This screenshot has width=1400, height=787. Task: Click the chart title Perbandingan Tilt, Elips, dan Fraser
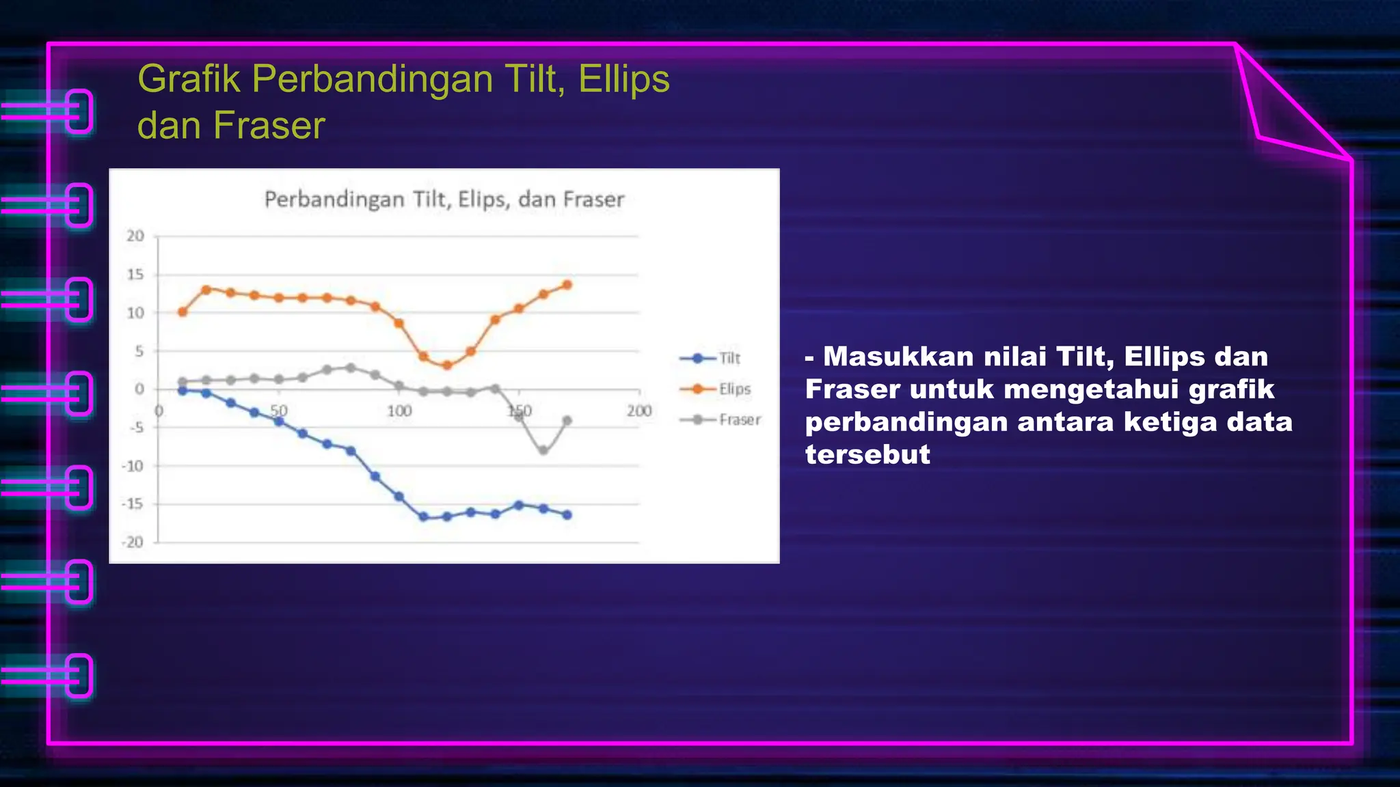pyautogui.click(x=444, y=199)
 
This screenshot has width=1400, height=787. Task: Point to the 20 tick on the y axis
pyautogui.click(x=135, y=236)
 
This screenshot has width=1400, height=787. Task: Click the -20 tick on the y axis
pyautogui.click(x=133, y=542)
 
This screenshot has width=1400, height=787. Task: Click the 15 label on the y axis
pyautogui.click(x=135, y=275)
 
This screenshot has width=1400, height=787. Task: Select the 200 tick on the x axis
pyautogui.click(x=639, y=411)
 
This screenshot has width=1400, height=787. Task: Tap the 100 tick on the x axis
pyautogui.click(x=399, y=411)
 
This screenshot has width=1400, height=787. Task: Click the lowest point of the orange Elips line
pyautogui.click(x=447, y=365)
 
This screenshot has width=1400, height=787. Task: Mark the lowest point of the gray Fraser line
pyautogui.click(x=543, y=451)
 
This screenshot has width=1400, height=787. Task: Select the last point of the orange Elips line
pyautogui.click(x=567, y=285)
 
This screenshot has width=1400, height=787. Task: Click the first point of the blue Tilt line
pyautogui.click(x=183, y=391)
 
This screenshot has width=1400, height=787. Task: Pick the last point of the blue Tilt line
pyautogui.click(x=567, y=515)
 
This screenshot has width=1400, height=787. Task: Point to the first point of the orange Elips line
pyautogui.click(x=183, y=312)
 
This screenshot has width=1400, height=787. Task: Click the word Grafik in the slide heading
pyautogui.click(x=189, y=79)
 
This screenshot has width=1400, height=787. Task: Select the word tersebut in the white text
pyautogui.click(x=867, y=454)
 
